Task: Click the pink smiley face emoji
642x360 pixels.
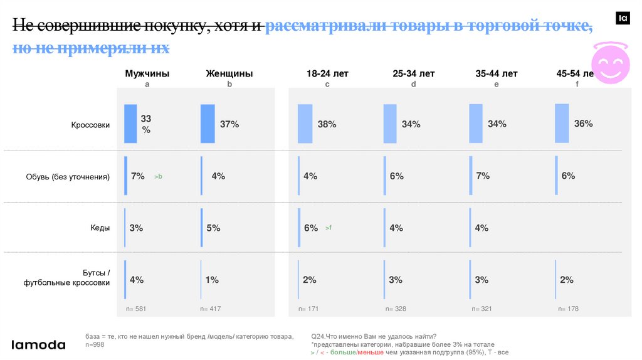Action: (x=611, y=63)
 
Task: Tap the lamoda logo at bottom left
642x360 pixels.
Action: (x=38, y=344)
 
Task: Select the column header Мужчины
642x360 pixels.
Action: (x=147, y=73)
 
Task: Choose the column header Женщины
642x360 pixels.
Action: (x=229, y=73)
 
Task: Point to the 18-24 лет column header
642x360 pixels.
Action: (x=327, y=73)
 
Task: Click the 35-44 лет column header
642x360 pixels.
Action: (x=497, y=73)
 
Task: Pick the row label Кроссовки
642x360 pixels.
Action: (x=90, y=125)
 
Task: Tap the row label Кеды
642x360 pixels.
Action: (x=100, y=228)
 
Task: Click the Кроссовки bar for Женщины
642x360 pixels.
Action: (x=208, y=124)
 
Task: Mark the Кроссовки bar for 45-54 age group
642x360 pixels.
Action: (x=562, y=123)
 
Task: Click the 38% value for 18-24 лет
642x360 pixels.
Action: (x=327, y=124)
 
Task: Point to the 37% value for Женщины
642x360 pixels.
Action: (x=229, y=124)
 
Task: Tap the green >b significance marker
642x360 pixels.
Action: (x=158, y=177)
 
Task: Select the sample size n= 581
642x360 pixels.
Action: (x=136, y=309)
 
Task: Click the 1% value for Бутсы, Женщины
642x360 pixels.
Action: (x=212, y=280)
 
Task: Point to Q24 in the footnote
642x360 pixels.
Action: (x=318, y=336)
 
